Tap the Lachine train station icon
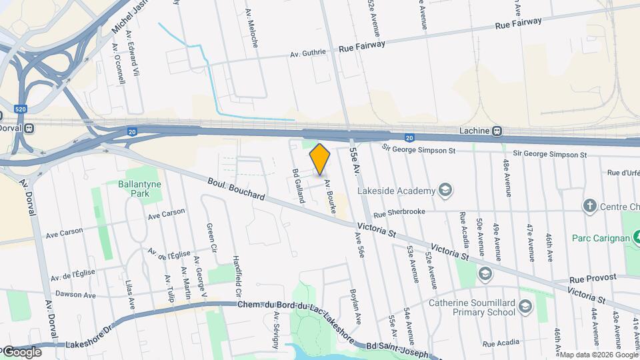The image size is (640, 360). coord(497,131)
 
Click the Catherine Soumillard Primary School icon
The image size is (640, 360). coord(525,307)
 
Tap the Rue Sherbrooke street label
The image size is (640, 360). coord(399,214)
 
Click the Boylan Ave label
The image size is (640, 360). coord(357,306)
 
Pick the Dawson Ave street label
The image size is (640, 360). coord(75,295)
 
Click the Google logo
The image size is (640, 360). coord(21,351)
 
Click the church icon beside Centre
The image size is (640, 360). coord(589,205)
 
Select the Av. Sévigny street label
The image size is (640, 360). coord(275,331)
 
